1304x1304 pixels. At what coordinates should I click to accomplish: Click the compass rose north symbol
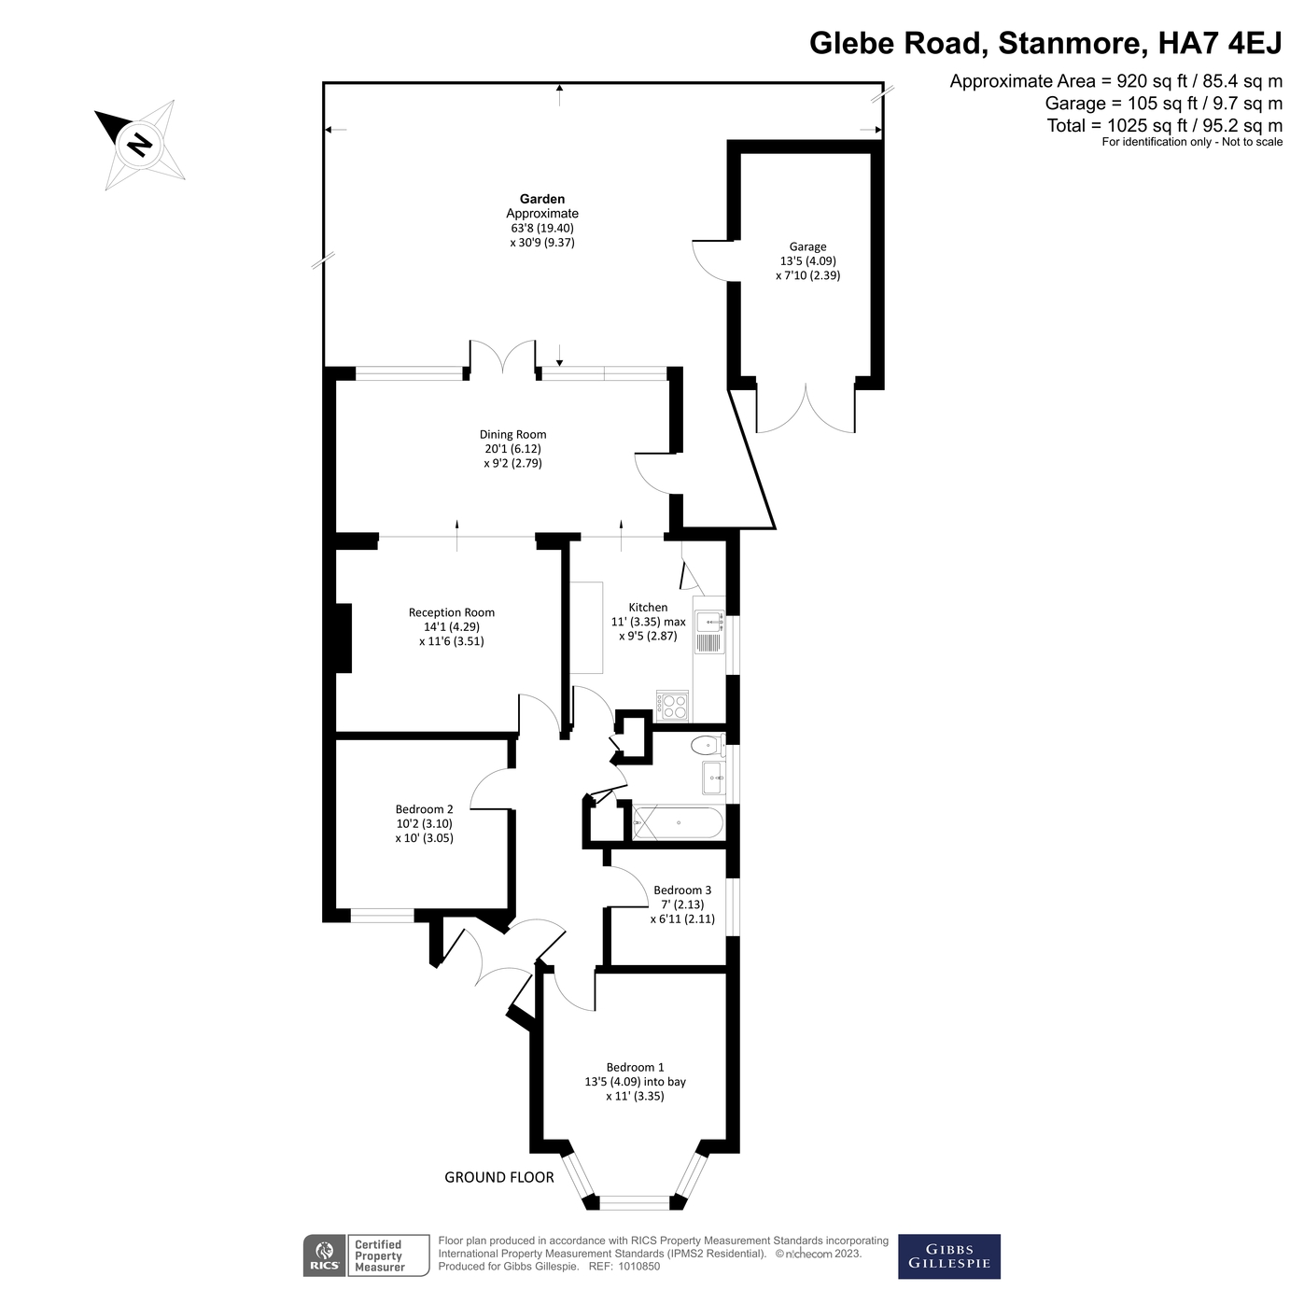pyautogui.click(x=139, y=144)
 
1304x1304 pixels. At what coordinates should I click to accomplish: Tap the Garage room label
pyautogui.click(x=807, y=247)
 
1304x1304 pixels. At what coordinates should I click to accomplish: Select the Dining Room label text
pyautogui.click(x=512, y=434)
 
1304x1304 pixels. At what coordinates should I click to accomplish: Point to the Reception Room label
pyautogui.click(x=452, y=612)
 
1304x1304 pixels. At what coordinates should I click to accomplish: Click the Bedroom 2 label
pyautogui.click(x=425, y=809)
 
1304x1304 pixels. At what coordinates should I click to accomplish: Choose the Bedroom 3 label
pyautogui.click(x=682, y=890)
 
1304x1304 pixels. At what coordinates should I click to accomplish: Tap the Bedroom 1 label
pyautogui.click(x=635, y=1068)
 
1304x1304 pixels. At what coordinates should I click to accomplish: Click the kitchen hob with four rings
pyautogui.click(x=672, y=707)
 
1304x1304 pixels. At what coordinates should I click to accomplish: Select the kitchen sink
pyautogui.click(x=709, y=632)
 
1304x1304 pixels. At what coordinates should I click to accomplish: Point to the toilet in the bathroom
pyautogui.click(x=708, y=746)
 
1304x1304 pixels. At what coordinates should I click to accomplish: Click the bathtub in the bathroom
pyautogui.click(x=679, y=823)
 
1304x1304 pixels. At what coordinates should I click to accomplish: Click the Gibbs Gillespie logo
pyautogui.click(x=948, y=1256)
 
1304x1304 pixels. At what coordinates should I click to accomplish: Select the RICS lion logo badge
pyautogui.click(x=325, y=1256)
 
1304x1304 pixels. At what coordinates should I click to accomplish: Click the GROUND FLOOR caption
pyautogui.click(x=499, y=1177)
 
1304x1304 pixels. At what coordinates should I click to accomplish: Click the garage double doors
pyautogui.click(x=806, y=410)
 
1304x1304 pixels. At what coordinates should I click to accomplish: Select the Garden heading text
pyautogui.click(x=542, y=199)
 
